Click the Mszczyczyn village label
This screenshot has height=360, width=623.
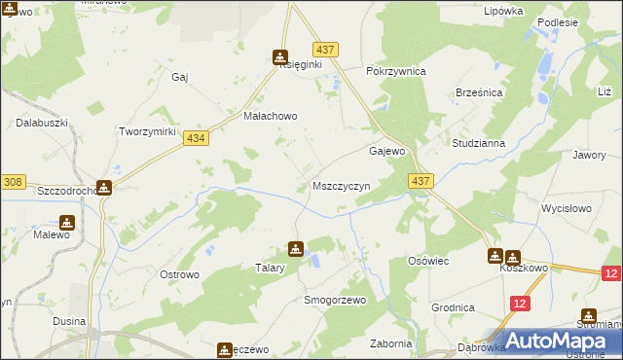pyautogui.click(x=341, y=185)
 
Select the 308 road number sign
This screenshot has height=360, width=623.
pyautogui.click(x=13, y=181)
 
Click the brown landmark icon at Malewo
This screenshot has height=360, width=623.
pyautogui.click(x=66, y=222)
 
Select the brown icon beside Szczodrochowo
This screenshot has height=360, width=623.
pyautogui.click(x=103, y=187)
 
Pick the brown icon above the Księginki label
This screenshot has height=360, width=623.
pyautogui.click(x=280, y=57)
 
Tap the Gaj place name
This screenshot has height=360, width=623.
pyautogui.click(x=179, y=77)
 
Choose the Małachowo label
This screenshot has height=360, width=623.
pyautogui.click(x=269, y=115)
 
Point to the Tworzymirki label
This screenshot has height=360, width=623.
pyautogui.click(x=146, y=131)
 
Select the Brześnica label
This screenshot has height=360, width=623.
pyautogui.click(x=478, y=91)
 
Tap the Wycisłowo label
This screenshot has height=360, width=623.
pyautogui.click(x=567, y=209)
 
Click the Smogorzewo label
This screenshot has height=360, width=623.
pyautogui.click(x=335, y=300)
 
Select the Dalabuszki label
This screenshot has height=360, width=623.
pyautogui.click(x=40, y=124)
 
